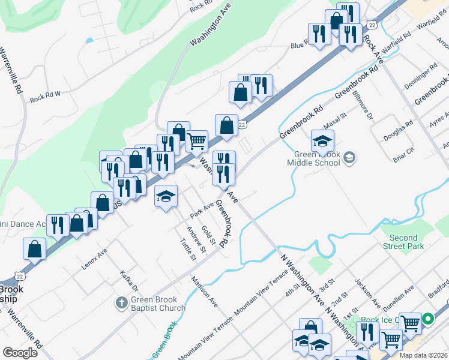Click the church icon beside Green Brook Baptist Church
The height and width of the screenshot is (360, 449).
tap(121, 301)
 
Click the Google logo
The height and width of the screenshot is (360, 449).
tap(20, 352)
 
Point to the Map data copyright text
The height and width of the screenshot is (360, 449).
tap(423, 355)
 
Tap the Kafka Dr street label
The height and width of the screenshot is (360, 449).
tap(130, 280)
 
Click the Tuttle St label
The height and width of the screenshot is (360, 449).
tap(188, 250)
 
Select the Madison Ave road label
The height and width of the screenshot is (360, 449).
tap(204, 291)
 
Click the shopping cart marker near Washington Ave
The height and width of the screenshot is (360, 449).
tap(197, 142)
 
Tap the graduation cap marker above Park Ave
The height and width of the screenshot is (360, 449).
tap(166, 195)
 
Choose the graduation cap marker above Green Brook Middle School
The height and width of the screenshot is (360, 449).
tap(322, 141)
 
